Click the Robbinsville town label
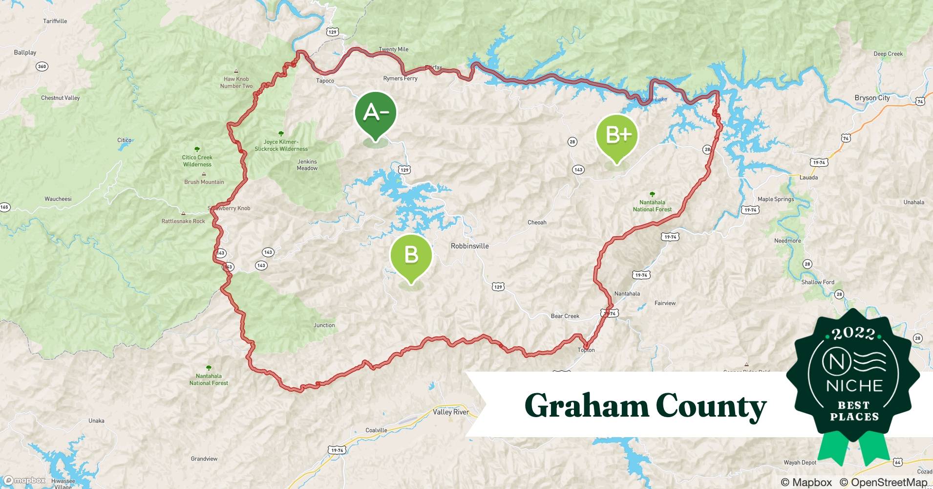click(x=469, y=246)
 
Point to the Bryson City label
click(x=872, y=98)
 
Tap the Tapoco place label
click(x=325, y=81)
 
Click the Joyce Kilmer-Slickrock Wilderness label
click(x=281, y=145)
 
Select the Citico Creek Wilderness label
click(x=197, y=161)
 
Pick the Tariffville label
click(x=55, y=21)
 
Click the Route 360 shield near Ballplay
click(x=42, y=66)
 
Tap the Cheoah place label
click(x=537, y=222)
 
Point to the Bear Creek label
click(x=565, y=316)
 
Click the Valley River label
click(x=450, y=412)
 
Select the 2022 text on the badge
click(x=853, y=333)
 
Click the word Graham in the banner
click(x=586, y=406)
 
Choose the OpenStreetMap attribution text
click(x=883, y=482)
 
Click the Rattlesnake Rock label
click(x=183, y=221)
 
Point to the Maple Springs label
click(x=776, y=199)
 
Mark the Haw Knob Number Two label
click(x=236, y=82)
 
